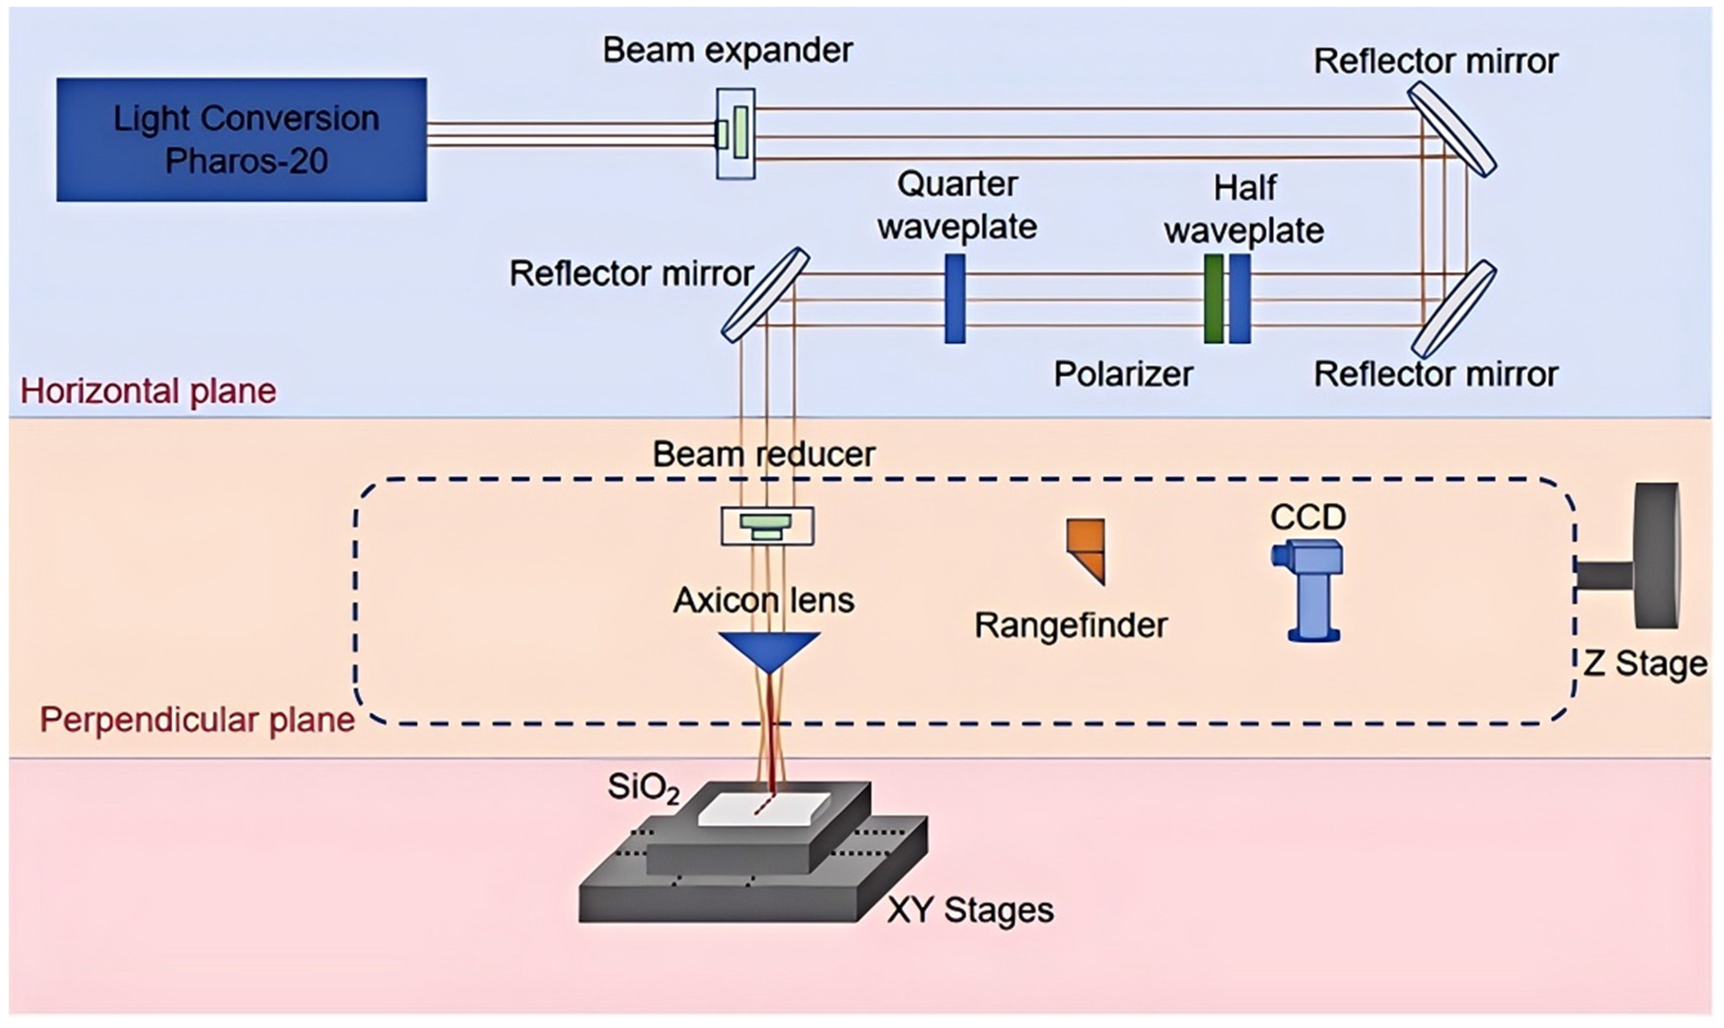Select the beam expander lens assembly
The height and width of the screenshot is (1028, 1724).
[735, 134]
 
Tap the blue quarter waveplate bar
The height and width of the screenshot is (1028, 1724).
[954, 299]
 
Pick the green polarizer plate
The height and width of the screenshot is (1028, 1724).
[1213, 299]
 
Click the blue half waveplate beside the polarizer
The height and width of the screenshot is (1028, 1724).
[1240, 299]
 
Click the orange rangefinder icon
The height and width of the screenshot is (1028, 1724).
[1087, 550]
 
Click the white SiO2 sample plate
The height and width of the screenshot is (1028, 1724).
[763, 809]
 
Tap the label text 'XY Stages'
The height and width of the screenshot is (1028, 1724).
[970, 910]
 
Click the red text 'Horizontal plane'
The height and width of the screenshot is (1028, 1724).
[148, 391]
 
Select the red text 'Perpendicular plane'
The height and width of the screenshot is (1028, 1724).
[197, 720]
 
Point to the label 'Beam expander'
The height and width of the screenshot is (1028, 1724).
[727, 51]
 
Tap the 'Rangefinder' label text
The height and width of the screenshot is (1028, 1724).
[1070, 626]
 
